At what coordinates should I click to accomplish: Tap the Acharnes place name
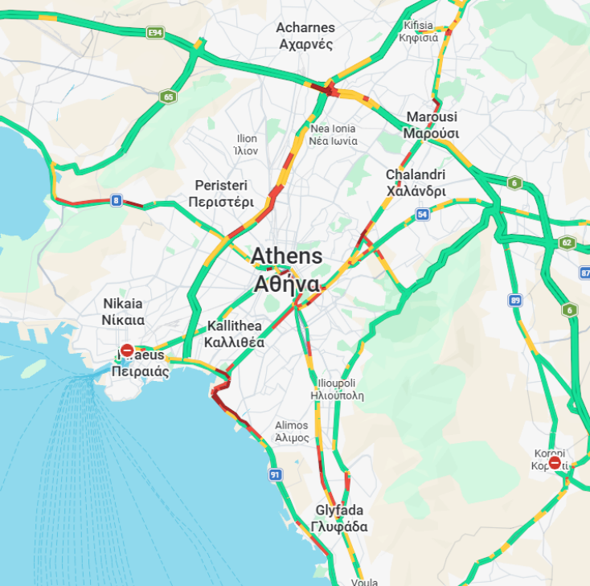point(305,36)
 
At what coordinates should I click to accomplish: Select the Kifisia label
point(418,31)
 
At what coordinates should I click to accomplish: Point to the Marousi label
point(431,125)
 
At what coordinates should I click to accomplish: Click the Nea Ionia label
point(333,134)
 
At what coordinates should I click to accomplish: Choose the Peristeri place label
point(221,194)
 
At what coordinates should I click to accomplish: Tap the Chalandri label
point(416,182)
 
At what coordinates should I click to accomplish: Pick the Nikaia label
point(123,311)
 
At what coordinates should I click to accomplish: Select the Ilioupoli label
point(338,389)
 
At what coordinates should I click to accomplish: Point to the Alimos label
point(291,432)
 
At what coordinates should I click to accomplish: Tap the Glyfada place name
point(339,518)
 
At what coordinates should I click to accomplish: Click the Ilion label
point(246,145)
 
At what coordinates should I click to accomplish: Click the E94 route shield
point(155,32)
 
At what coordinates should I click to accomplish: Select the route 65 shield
point(167,96)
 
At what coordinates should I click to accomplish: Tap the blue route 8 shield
point(117,200)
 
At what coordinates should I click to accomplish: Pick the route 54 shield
point(422,215)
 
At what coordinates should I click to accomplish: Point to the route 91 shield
point(275,475)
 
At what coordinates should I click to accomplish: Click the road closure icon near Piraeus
point(127,350)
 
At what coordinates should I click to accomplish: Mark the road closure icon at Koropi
point(555,463)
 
